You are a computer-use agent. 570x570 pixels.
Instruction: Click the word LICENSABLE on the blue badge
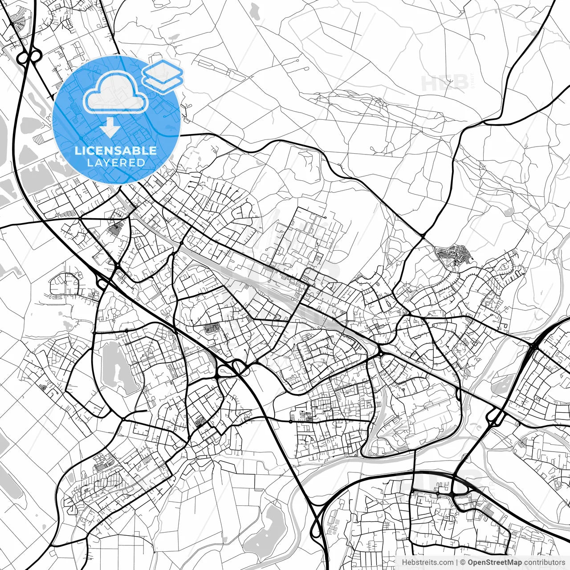click(116, 151)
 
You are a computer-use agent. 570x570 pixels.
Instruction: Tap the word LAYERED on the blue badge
click(116, 163)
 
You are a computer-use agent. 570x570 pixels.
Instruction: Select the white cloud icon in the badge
click(116, 93)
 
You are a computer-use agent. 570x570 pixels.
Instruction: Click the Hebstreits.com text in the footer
click(427, 562)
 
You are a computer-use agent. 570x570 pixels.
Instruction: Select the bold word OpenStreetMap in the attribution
click(495, 562)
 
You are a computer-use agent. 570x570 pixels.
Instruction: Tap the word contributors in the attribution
click(544, 562)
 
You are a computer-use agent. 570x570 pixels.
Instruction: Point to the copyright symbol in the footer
click(463, 562)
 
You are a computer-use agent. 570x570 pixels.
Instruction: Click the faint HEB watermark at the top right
click(444, 83)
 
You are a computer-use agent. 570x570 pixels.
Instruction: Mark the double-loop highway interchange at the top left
click(29, 57)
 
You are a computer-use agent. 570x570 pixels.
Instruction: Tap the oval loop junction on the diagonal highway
click(240, 367)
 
